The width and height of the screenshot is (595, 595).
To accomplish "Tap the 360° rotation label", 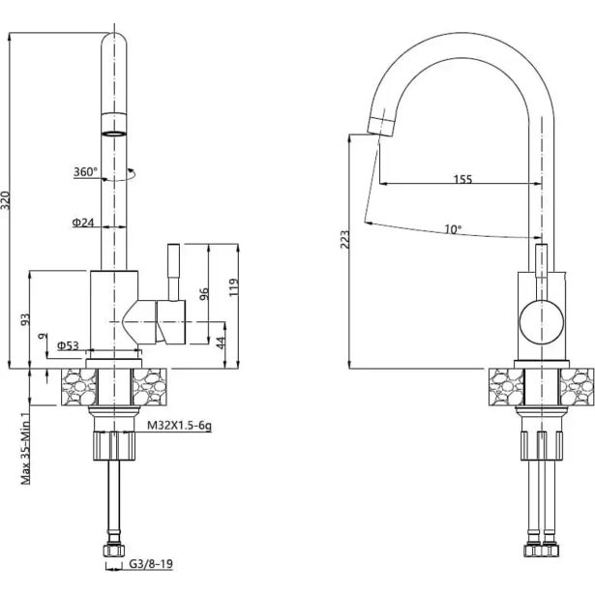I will coord(85,172).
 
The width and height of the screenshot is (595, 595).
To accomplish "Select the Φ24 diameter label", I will coord(82,223).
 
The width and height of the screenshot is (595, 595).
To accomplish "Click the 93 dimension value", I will coord(25,319).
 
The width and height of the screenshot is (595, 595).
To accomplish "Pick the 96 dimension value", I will coord(204,295).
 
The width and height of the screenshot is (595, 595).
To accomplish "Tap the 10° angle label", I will coord(453,230).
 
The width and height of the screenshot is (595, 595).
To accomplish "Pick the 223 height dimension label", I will coord(346,240).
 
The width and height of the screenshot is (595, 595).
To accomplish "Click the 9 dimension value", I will coord(42,336).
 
